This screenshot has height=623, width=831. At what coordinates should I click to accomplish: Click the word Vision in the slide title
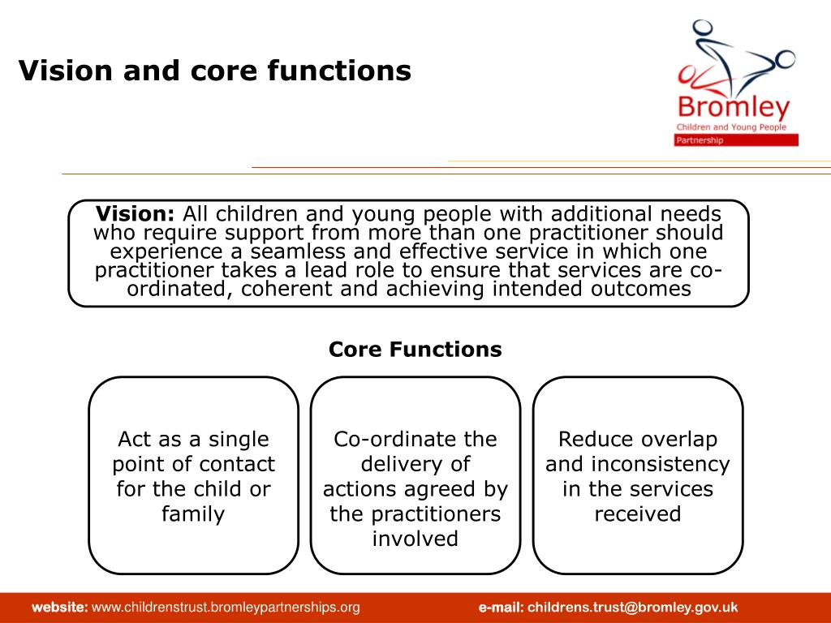point(66,71)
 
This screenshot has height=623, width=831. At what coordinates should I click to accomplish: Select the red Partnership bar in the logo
point(736,140)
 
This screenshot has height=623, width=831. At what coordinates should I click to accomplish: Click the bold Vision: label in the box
point(136,214)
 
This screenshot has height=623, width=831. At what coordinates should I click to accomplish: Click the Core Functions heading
point(415,349)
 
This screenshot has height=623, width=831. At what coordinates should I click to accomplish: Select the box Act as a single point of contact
point(193,475)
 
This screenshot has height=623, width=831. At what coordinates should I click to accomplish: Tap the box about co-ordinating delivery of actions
point(415,475)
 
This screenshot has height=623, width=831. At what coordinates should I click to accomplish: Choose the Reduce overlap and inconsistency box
point(638,475)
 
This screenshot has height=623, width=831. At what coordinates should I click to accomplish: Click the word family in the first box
point(193,514)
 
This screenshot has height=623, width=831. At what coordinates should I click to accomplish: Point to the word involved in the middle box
point(415,539)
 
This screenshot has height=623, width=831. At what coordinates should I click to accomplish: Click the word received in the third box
point(638,513)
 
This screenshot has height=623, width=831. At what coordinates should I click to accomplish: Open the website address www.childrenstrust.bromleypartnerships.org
point(226,608)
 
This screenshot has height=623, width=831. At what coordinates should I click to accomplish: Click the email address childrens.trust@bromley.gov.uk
point(633,608)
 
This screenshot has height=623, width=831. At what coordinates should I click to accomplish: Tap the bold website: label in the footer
point(60,608)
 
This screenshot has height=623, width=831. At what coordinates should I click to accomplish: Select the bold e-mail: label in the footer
point(501,608)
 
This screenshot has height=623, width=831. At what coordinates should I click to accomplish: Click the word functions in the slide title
point(339,71)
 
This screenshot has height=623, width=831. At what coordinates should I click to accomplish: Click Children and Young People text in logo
point(731,127)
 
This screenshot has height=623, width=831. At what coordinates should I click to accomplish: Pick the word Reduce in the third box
point(582,439)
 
